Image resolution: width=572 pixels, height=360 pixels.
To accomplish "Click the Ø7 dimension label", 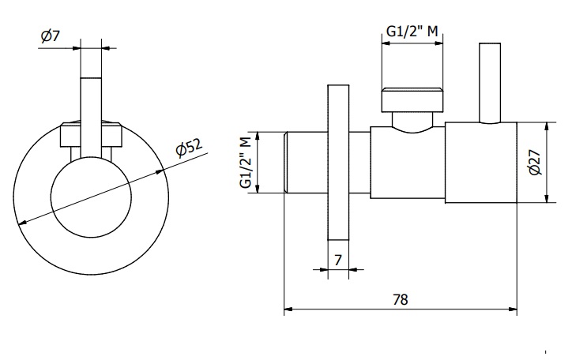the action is click(51, 36).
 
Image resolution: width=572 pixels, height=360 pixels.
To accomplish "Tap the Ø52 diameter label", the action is click(189, 147).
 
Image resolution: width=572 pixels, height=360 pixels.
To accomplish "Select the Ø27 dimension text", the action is click(535, 161).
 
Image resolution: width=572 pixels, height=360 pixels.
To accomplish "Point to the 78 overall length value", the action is click(401, 299).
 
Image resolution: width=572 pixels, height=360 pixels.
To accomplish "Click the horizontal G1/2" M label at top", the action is click(412, 32).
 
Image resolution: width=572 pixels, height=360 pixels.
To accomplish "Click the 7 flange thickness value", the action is click(338, 261).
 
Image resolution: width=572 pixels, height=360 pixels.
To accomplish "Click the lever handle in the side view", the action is click(490, 83).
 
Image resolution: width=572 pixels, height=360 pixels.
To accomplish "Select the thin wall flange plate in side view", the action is click(338, 163).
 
